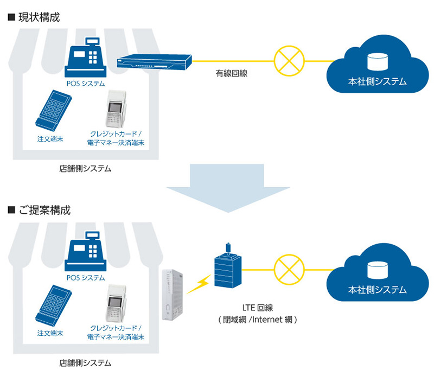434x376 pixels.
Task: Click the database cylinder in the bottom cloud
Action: [377, 270]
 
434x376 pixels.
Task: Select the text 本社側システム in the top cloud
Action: [377, 82]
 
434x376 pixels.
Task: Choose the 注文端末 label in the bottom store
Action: [50, 333]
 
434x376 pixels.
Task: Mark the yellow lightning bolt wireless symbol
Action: [199, 283]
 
